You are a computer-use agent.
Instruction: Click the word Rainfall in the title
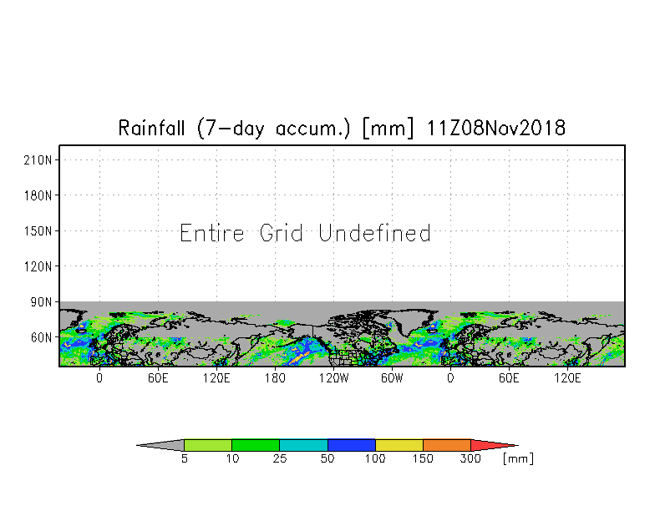(151, 128)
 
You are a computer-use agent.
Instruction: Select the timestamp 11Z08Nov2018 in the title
(496, 128)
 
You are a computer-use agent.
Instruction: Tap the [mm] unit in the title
(388, 128)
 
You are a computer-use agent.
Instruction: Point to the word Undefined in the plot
(374, 233)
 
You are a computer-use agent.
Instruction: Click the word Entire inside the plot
(212, 233)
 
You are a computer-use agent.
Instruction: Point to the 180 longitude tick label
(276, 378)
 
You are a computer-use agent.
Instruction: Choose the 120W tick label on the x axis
(334, 378)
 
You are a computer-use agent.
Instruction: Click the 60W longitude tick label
(393, 378)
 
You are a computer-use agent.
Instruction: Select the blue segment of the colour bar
(351, 445)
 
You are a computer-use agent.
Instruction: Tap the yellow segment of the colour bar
(399, 445)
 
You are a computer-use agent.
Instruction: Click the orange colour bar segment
(446, 445)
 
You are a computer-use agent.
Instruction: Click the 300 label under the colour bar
(470, 458)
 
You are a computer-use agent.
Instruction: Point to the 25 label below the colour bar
(280, 458)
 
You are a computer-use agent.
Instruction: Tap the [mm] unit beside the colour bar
(518, 458)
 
